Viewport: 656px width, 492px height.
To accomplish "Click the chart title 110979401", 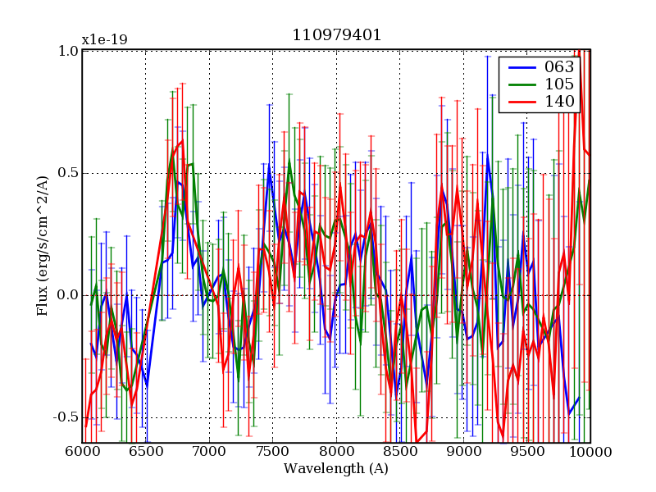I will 336,35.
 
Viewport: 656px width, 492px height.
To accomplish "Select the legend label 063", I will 558,67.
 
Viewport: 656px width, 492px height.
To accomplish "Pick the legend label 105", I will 558,84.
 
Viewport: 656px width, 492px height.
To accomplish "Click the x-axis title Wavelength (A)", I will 336,469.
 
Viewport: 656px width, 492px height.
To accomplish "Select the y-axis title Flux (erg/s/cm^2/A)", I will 42,246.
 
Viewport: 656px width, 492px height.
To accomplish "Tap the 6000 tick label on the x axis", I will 82,452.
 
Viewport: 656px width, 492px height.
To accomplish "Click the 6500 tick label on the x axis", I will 145,452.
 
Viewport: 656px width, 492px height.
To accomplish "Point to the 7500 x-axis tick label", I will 272,452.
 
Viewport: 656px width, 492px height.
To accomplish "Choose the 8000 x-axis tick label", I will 336,452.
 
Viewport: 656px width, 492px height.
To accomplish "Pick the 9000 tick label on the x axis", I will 463,452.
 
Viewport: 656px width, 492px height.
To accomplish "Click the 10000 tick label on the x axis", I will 590,452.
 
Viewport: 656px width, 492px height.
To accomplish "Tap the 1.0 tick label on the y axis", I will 68,51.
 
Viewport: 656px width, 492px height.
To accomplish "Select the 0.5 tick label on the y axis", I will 68,173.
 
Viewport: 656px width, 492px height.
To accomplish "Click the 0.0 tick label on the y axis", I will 68,295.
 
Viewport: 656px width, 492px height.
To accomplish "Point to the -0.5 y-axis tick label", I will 66,417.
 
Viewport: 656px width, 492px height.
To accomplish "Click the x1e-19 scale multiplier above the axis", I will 104,39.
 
